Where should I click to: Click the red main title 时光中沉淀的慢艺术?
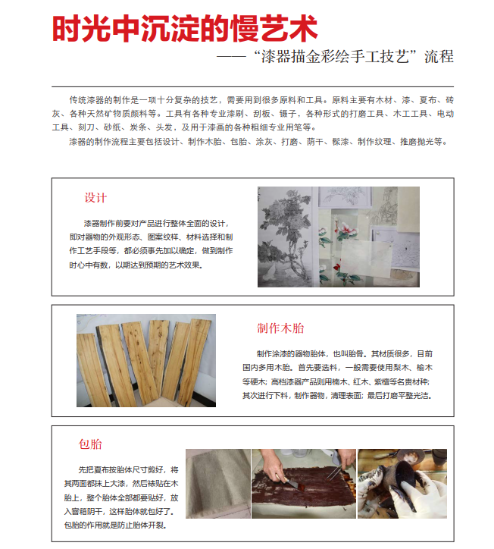click(x=185, y=29)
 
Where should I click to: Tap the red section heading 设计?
click(x=95, y=198)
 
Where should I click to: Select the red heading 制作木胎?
click(x=280, y=328)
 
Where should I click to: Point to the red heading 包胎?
click(x=90, y=444)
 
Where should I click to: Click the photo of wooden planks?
click(x=146, y=360)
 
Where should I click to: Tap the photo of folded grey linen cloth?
click(x=218, y=484)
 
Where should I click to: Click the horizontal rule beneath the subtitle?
click(x=252, y=86)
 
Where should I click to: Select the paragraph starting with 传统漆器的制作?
click(x=252, y=114)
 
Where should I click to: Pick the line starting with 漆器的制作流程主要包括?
click(x=258, y=142)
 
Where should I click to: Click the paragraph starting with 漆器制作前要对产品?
click(x=151, y=244)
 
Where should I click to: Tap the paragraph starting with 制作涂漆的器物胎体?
click(x=338, y=375)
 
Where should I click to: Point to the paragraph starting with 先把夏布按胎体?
click(x=121, y=497)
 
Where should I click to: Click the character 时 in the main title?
click(x=67, y=29)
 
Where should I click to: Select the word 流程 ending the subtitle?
click(x=439, y=57)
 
